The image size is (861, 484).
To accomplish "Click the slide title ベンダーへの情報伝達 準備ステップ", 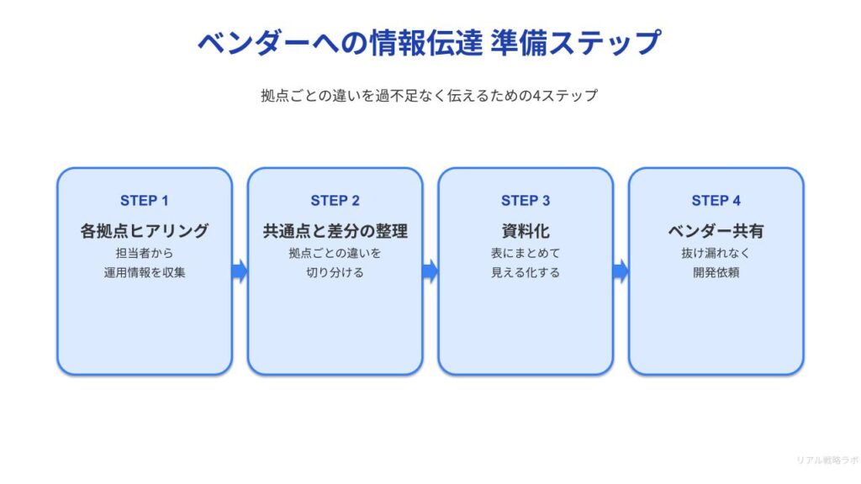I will tap(430, 42).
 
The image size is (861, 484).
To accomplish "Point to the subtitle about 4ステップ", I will tap(430, 96).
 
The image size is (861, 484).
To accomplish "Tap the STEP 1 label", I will tap(145, 201).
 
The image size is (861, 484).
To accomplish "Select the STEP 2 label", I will tap(335, 201).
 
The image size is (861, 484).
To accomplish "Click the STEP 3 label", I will tap(526, 201).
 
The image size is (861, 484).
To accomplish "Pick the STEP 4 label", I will tap(716, 201).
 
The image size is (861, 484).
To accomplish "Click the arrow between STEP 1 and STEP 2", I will tap(240, 271).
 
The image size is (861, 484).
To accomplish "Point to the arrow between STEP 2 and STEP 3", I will tap(430, 271).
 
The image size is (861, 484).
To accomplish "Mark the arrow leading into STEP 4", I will tap(621, 271).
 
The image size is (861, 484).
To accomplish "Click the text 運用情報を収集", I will tap(145, 272).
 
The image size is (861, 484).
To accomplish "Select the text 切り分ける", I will tap(335, 272).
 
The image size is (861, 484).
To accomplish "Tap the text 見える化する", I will tap(526, 272).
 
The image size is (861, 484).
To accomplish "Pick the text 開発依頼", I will tap(716, 272).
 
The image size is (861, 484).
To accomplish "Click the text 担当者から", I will tap(145, 253).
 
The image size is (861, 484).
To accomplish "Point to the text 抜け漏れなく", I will tap(716, 253).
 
